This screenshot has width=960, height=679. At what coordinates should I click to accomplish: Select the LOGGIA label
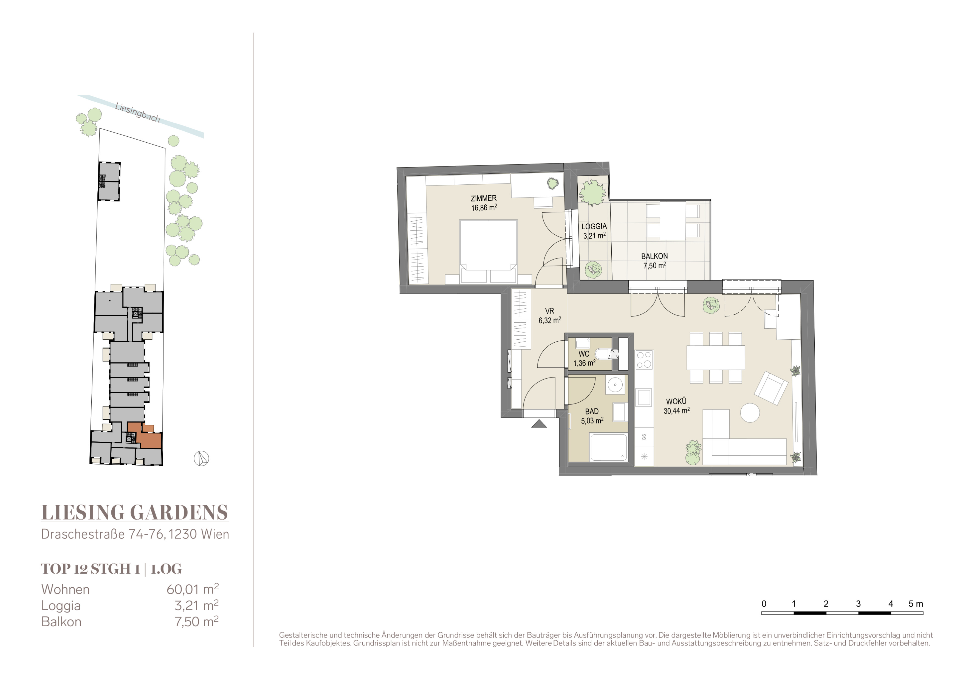594,226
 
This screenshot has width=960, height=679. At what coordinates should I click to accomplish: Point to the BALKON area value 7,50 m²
654,266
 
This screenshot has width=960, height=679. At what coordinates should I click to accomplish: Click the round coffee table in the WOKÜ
750,413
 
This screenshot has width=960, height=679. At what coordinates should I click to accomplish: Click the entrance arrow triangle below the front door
539,424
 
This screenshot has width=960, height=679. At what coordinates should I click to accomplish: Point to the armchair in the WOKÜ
771,388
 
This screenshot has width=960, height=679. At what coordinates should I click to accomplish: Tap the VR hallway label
549,311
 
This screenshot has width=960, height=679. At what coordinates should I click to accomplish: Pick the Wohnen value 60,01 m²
193,589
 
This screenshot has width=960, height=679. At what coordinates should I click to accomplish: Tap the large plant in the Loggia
592,193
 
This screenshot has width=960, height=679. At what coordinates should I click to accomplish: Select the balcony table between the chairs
673,221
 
